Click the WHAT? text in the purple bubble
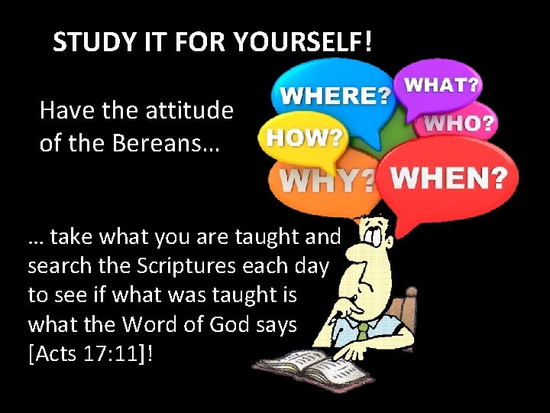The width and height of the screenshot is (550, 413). coord(442,84)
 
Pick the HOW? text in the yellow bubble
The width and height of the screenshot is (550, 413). coord(304,138)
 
